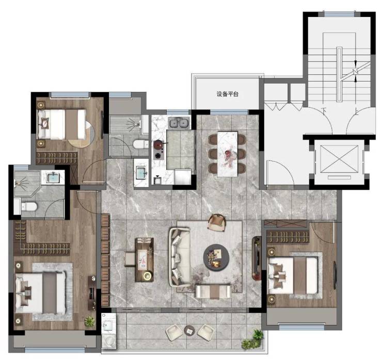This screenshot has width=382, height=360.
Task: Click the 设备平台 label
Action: [x=227, y=94]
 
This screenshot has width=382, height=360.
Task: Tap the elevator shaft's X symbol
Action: [x=339, y=159]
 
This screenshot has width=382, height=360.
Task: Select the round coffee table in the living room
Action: [x=216, y=257]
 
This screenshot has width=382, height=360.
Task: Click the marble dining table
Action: [x=227, y=154]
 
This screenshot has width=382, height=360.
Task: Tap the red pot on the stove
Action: [x=158, y=145]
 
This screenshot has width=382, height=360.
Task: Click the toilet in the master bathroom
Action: [x=29, y=207]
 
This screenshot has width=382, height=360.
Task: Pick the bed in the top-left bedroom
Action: [x=62, y=124]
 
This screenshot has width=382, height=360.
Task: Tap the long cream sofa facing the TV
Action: [x=180, y=256]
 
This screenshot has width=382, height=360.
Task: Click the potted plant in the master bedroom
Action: [x=90, y=321]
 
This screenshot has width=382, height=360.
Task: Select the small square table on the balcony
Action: [x=190, y=330]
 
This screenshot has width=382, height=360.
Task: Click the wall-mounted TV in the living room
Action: [x=256, y=258]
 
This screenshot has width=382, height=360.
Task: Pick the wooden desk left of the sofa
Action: [x=144, y=260]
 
